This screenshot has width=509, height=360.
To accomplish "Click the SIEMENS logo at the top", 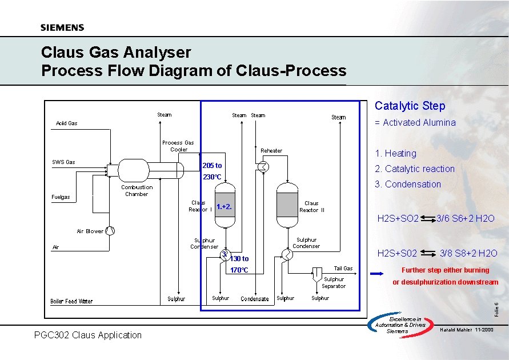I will coord(62,27).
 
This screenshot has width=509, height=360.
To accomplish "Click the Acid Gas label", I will coord(67,123).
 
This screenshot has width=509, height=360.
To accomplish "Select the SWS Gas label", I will coord(63,162).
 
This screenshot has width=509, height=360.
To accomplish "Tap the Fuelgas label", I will coord(61,197).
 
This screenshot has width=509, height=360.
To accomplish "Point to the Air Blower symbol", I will coord(110,231).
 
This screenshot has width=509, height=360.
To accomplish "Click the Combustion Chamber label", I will coord(137,191).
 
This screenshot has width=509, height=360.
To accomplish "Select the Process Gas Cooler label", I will coord(178,146).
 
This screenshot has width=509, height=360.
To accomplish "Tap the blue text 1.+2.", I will coord(224,206).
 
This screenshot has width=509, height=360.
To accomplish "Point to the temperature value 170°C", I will coord(239,270).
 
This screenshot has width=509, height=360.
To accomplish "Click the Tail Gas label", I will coord(343,269).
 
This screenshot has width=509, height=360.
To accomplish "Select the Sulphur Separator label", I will coord(334,283).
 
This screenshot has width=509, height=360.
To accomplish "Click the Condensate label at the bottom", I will coord(255,299).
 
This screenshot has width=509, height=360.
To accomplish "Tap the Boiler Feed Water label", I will coord(71,301).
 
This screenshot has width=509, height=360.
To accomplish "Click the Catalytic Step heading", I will coord(410,106).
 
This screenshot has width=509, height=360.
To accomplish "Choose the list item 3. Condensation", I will coord(407,184).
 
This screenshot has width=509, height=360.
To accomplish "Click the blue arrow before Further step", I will coord(378,274).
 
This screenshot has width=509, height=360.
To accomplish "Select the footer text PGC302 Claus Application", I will coord(88,335).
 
